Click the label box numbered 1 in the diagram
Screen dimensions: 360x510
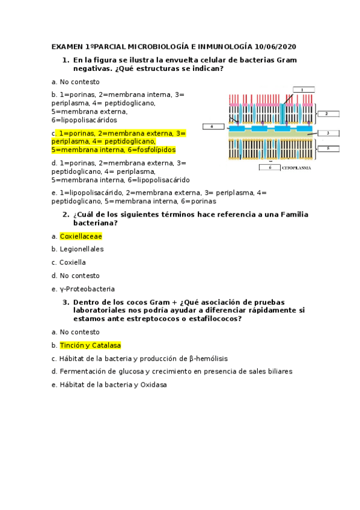click(x=304, y=90)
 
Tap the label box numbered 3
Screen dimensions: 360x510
click(x=328, y=133)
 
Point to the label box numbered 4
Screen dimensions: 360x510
click(x=212, y=126)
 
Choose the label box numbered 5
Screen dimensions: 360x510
click(x=328, y=148)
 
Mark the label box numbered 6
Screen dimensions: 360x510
click(x=270, y=167)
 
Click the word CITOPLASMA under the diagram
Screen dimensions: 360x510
click(x=296, y=168)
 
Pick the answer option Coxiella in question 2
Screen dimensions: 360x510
click(x=72, y=262)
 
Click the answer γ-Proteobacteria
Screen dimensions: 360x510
click(x=87, y=289)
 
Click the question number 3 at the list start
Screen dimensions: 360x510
click(x=66, y=302)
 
